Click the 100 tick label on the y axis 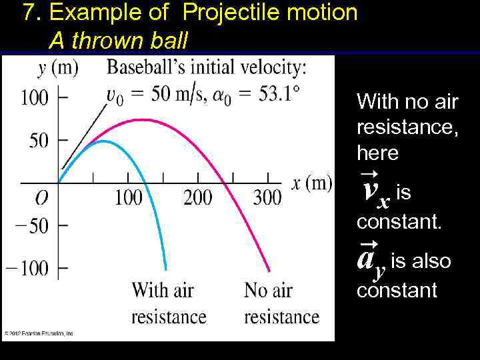(35, 97)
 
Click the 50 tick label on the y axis (39, 141)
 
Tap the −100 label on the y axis (27, 269)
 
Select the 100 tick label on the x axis (128, 198)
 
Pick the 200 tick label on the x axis (197, 198)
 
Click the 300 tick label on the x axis (267, 198)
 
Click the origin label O (41, 199)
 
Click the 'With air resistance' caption (169, 303)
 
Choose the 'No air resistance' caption (281, 303)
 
